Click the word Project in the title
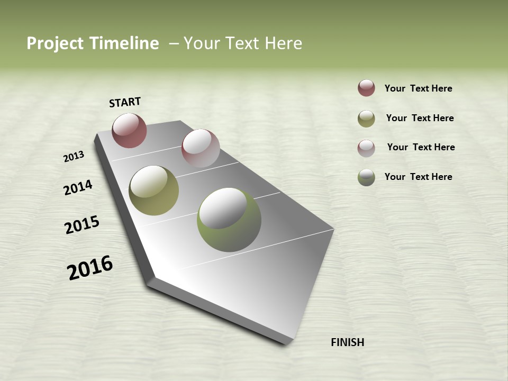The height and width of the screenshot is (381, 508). click(55, 43)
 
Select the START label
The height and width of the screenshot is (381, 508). click(125, 102)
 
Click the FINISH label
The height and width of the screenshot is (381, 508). click(347, 342)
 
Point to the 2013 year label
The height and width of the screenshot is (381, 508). click(74, 157)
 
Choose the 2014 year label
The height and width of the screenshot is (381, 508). click(78, 187)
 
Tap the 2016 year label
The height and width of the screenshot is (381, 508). click(90, 268)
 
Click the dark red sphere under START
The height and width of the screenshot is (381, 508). click(129, 130)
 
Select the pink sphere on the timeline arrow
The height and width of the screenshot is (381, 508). click(201, 148)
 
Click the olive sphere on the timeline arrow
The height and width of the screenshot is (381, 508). click(153, 190)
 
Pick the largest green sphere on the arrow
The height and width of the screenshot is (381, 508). click(229, 220)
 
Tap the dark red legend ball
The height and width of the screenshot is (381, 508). click(366, 88)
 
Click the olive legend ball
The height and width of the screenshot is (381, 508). click(366, 119)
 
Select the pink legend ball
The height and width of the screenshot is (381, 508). click(366, 148)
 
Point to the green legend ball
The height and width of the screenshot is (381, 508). click(366, 177)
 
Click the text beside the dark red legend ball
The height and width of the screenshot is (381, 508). click(418, 89)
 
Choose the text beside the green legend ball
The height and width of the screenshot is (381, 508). click(418, 177)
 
